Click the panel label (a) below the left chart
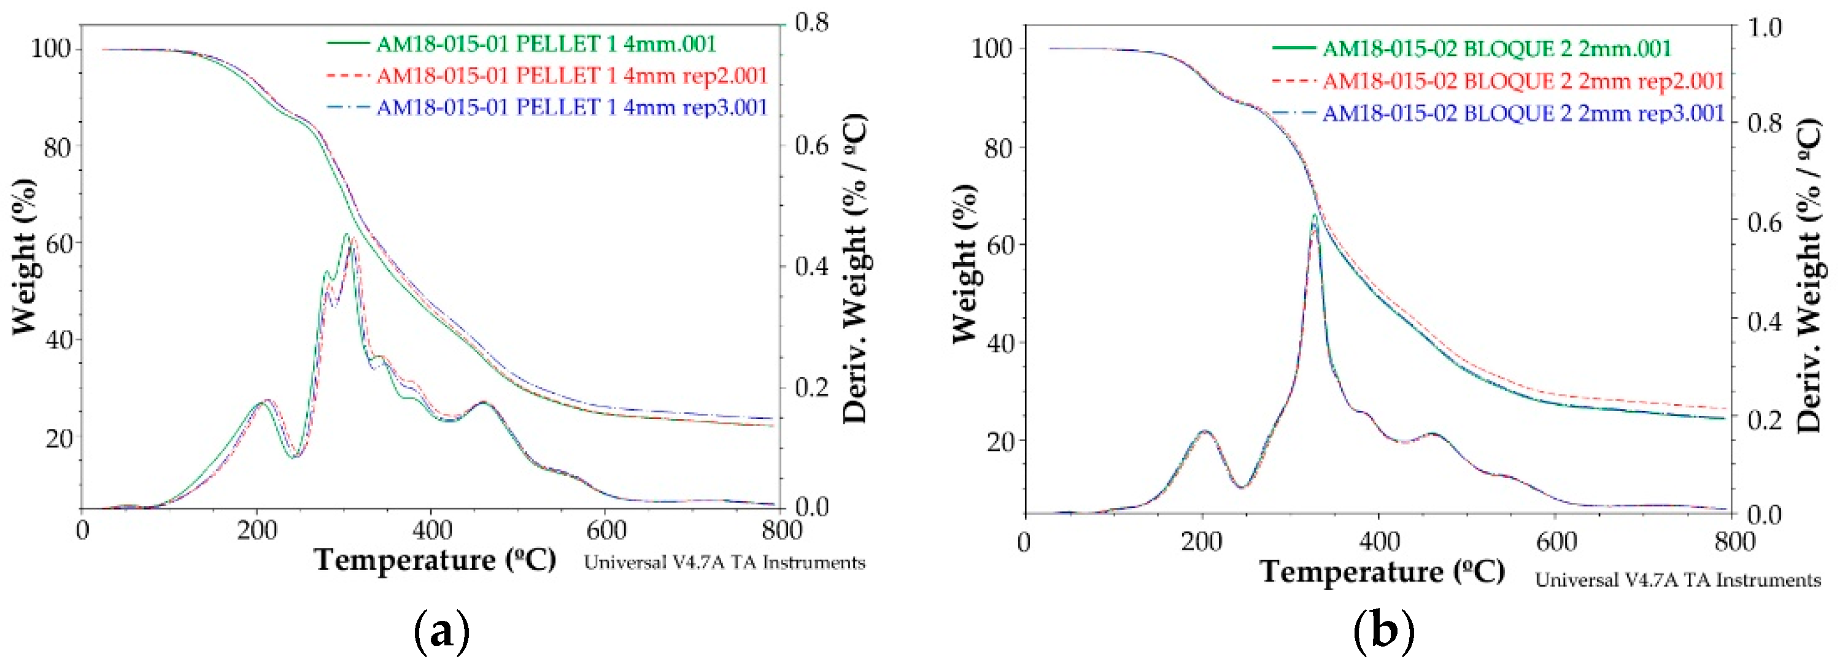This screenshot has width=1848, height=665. coord(442,632)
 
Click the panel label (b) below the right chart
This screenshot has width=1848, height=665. coord(1384,632)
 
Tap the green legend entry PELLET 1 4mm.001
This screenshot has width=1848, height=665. coord(545,45)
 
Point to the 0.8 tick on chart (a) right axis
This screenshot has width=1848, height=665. coord(811,23)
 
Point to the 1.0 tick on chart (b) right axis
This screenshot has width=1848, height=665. coord(1765,27)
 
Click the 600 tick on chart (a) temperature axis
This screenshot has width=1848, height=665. coord(606,531)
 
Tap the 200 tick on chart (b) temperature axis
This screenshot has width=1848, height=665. coord(1202,542)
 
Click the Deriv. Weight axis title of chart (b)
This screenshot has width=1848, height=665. coord(1810,276)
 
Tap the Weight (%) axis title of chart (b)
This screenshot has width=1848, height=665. coord(965,264)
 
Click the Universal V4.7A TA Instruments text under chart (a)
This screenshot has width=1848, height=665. coord(725,563)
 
